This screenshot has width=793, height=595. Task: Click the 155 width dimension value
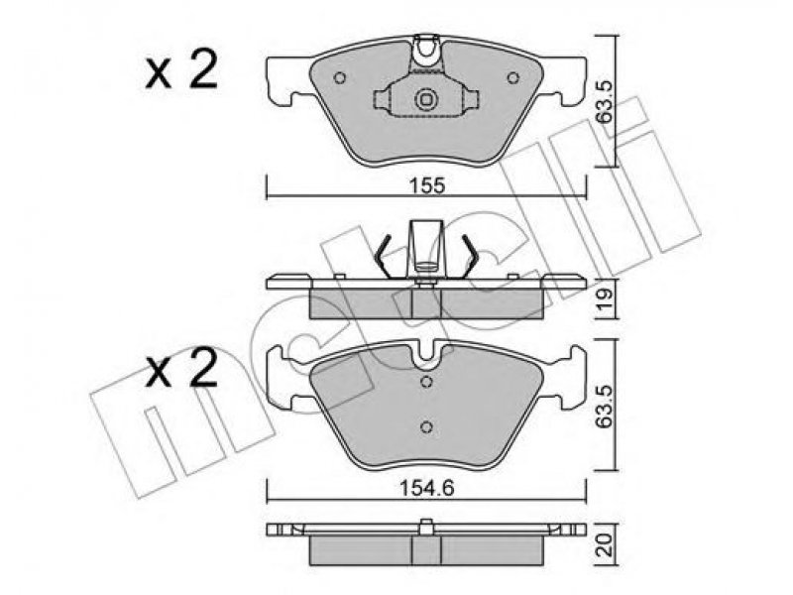[427, 186]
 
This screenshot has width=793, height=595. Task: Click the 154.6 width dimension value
[427, 488]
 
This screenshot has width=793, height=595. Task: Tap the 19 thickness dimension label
[606, 298]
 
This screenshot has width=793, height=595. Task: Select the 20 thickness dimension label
[606, 546]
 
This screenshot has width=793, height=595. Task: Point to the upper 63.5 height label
[605, 101]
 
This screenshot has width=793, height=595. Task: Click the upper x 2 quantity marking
[182, 69]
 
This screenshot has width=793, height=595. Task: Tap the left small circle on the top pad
[340, 78]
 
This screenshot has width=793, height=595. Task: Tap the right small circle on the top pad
[512, 78]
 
